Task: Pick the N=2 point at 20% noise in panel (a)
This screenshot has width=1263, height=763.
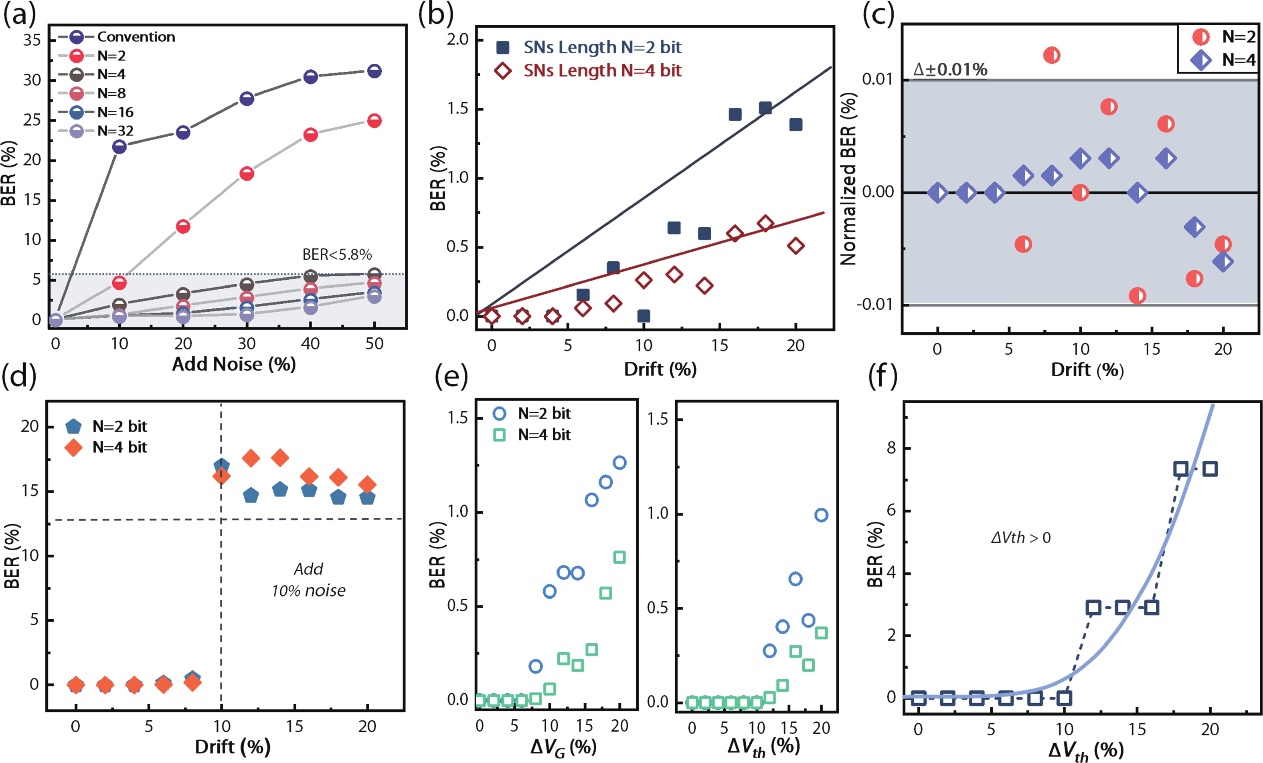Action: (x=183, y=226)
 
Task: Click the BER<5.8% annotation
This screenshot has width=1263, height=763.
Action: (x=337, y=255)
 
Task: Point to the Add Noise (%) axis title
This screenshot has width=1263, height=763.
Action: (x=234, y=364)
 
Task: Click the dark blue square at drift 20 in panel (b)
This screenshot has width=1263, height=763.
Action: (x=795, y=125)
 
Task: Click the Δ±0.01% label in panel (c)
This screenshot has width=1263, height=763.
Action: (x=950, y=69)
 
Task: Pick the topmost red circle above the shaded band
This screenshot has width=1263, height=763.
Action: (x=1051, y=55)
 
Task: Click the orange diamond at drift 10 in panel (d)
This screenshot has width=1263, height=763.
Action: (x=221, y=476)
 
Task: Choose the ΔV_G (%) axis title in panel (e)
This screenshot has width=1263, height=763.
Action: (x=563, y=748)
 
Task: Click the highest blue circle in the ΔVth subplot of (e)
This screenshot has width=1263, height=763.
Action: (x=821, y=515)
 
